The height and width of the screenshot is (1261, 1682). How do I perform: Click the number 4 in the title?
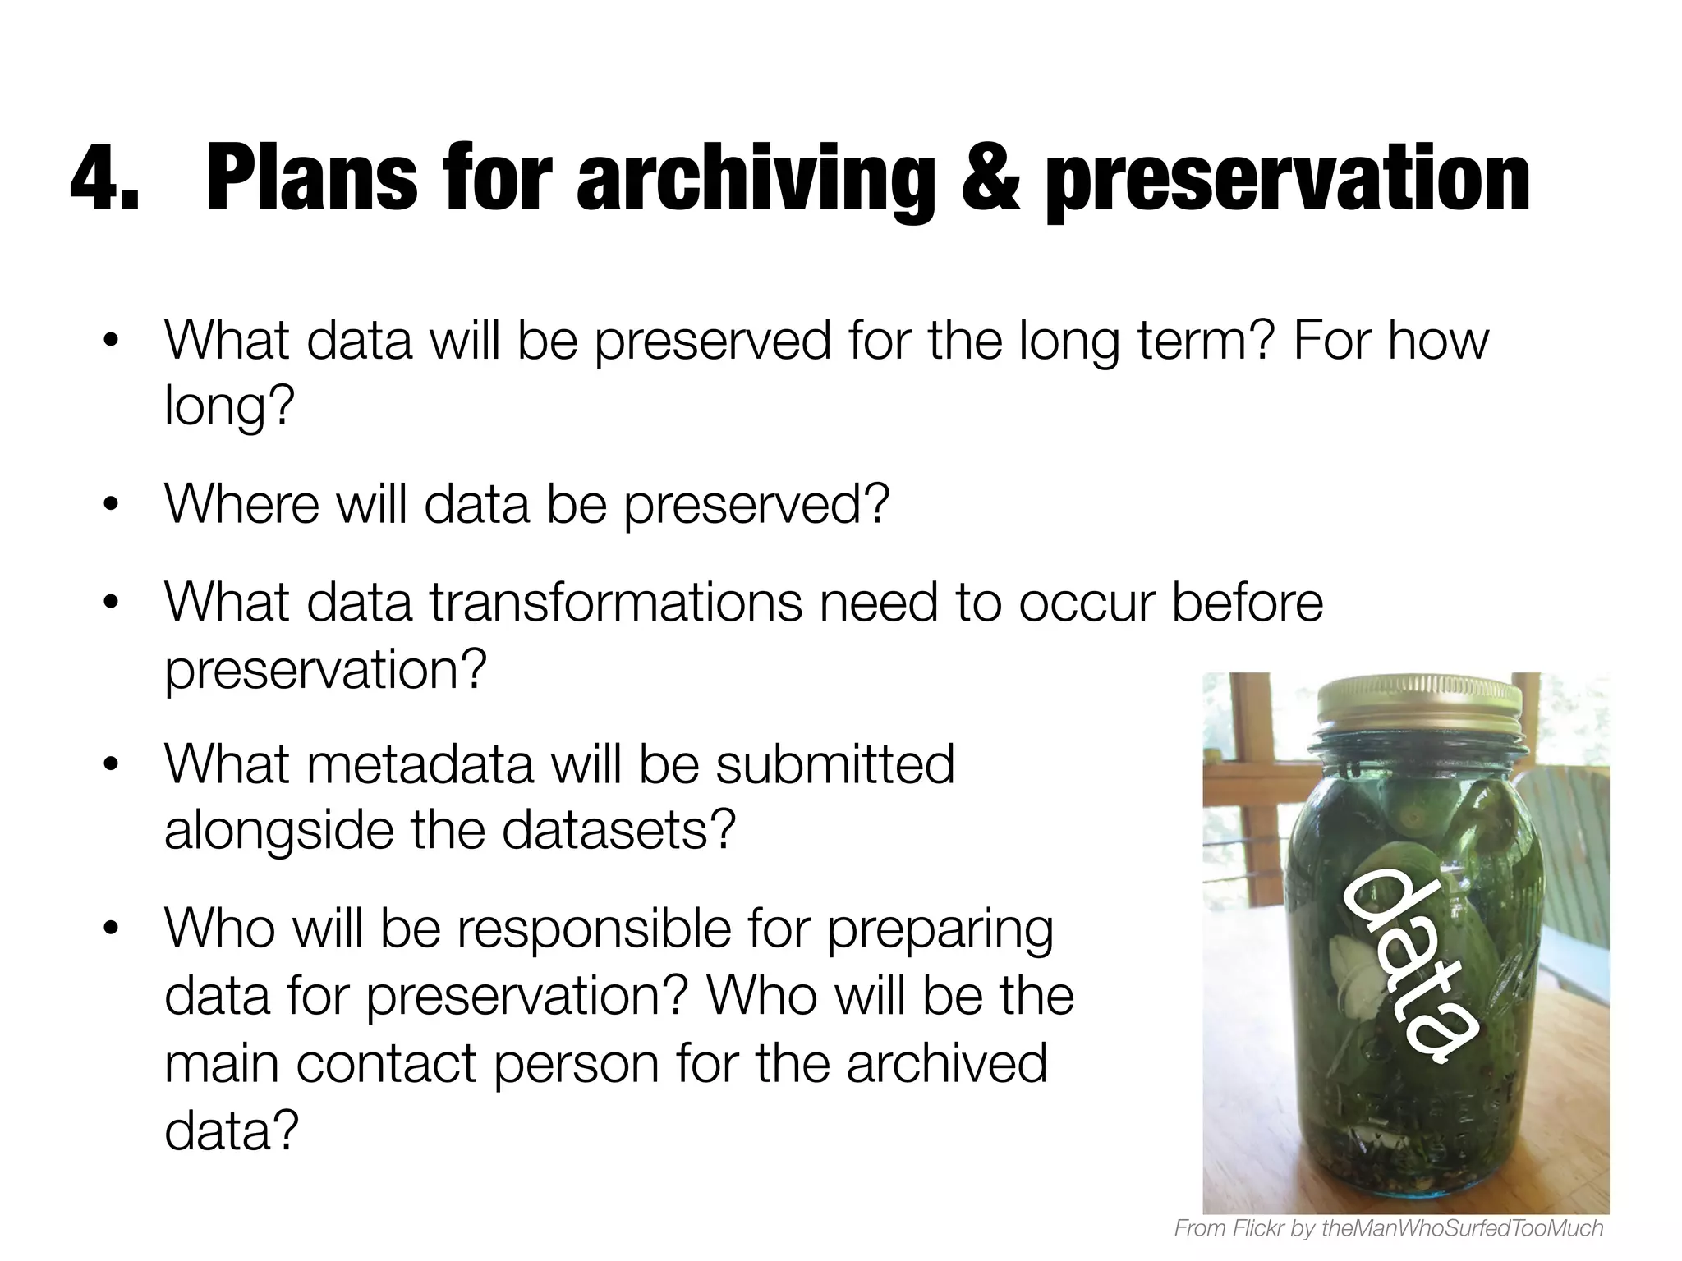coord(93,179)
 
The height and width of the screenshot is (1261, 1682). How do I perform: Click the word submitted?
coord(835,764)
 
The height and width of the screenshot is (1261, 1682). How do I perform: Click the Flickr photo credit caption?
coord(1389,1227)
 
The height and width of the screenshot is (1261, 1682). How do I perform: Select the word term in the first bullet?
coord(1205,341)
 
